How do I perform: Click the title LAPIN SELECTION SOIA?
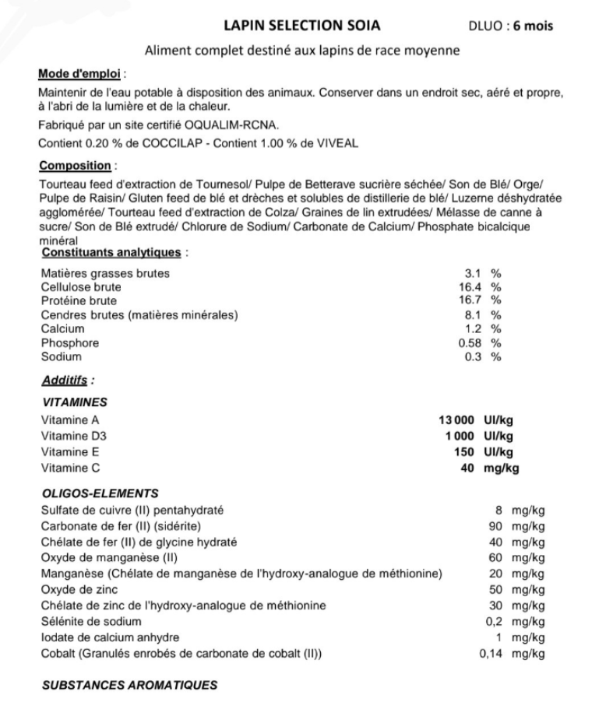coord(301,26)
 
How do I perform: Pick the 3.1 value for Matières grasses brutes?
coord(473,273)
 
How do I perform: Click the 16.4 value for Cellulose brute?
coord(470,287)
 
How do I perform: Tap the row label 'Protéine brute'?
coord(79,300)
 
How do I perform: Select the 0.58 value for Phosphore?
coord(469,342)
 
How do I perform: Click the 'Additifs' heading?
coord(65,381)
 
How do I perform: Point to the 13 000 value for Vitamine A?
coord(456,420)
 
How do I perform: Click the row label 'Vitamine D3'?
coord(71,436)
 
